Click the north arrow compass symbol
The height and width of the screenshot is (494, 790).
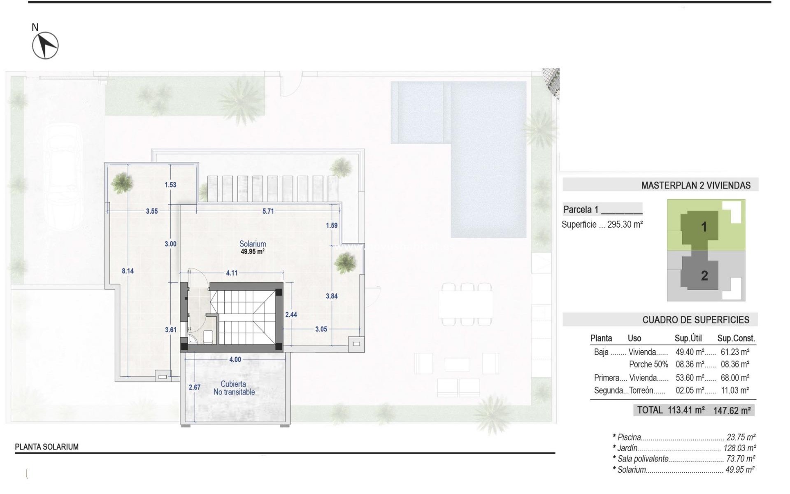(x=45, y=45)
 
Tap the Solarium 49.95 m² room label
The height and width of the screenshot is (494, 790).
(x=253, y=247)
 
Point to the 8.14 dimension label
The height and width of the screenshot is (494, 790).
(x=128, y=271)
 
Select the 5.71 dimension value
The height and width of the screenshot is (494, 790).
(x=268, y=211)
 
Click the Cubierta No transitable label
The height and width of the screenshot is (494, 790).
(x=234, y=388)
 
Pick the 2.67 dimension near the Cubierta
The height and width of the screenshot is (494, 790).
(x=195, y=387)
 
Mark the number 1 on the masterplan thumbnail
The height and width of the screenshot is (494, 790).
(x=704, y=227)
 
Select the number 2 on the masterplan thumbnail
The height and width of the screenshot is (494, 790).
(x=704, y=276)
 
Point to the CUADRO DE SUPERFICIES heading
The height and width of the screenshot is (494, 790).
(x=696, y=320)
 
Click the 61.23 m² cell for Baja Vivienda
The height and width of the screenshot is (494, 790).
(x=735, y=352)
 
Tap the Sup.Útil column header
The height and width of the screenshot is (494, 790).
(x=688, y=338)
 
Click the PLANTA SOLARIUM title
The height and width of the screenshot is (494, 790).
(x=46, y=447)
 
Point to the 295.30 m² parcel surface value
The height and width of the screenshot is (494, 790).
(x=625, y=225)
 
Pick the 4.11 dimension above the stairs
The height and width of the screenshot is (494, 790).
(x=232, y=273)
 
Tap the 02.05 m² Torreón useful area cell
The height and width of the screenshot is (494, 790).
(x=690, y=390)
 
